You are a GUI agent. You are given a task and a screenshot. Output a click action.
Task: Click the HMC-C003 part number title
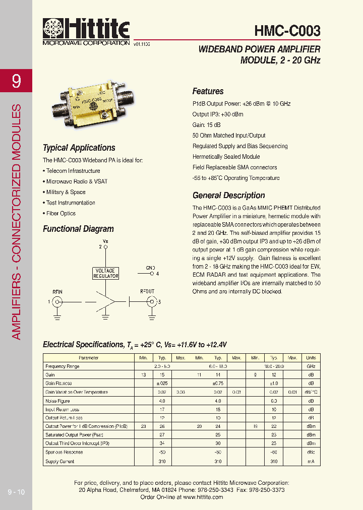[287, 31]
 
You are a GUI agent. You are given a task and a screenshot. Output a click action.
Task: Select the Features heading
[208, 91]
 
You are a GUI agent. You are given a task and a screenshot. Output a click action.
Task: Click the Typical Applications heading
[79, 148]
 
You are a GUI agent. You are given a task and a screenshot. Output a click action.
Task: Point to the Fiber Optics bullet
[60, 213]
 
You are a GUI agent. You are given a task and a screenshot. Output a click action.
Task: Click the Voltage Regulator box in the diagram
[106, 273]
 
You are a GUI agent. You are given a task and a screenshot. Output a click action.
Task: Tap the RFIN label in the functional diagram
[57, 291]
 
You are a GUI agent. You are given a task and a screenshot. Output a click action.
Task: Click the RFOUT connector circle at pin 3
[150, 301]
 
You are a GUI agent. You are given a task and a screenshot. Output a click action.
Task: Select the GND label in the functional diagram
[150, 267]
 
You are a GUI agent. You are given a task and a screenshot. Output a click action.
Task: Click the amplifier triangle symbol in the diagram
[106, 301]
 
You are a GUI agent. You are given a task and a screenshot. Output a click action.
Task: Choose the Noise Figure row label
[57, 401]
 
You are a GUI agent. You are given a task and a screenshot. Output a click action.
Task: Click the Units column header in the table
[311, 358]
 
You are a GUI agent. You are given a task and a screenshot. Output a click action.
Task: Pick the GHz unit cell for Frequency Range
[311, 366]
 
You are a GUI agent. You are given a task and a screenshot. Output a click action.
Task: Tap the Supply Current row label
[60, 461]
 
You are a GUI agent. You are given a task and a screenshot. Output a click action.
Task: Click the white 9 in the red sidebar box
[17, 81]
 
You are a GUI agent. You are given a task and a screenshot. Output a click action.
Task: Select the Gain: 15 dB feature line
[207, 124]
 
